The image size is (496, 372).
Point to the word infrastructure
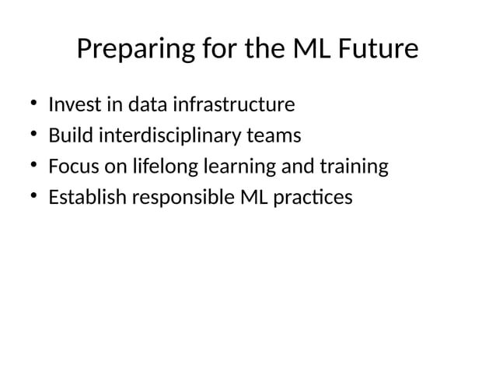click(x=234, y=104)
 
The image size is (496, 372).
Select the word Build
click(x=68, y=136)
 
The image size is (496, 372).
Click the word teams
click(x=272, y=136)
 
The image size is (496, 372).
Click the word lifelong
click(x=161, y=167)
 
